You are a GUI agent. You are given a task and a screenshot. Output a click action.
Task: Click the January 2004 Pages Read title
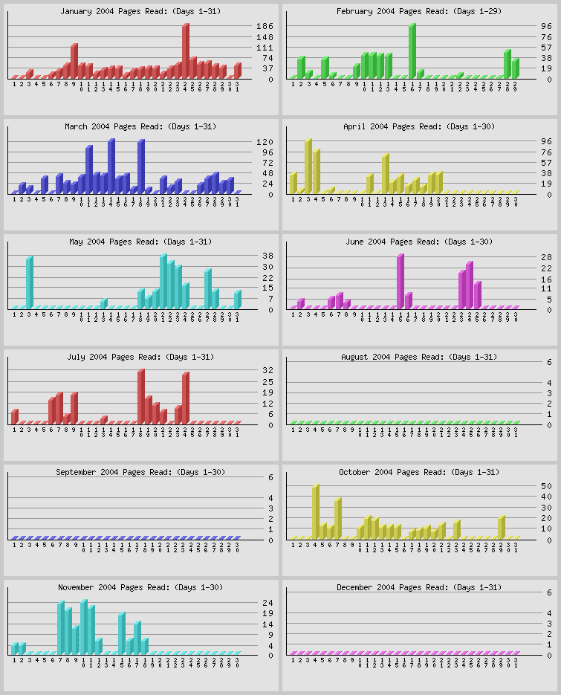140,11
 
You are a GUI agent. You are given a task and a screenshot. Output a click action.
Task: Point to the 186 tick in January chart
265,26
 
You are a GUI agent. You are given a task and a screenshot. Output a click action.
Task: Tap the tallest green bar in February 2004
412,51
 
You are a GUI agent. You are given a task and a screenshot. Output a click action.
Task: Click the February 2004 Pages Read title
419,11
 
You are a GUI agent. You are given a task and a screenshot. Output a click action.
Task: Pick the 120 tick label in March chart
265,141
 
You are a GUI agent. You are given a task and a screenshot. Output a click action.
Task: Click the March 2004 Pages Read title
140,126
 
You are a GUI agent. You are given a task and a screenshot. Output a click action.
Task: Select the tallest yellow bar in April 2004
308,165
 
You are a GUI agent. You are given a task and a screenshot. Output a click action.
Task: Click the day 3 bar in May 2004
29,281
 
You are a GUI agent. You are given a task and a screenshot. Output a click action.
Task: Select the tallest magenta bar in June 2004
400,280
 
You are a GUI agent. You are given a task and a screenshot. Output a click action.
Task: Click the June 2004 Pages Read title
419,242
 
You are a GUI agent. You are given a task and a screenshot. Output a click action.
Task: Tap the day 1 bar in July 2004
14,416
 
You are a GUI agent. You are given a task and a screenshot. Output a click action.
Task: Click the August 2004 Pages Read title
419,357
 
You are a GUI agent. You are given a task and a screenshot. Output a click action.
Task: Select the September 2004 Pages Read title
140,472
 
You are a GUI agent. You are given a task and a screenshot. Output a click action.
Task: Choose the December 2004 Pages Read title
419,587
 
